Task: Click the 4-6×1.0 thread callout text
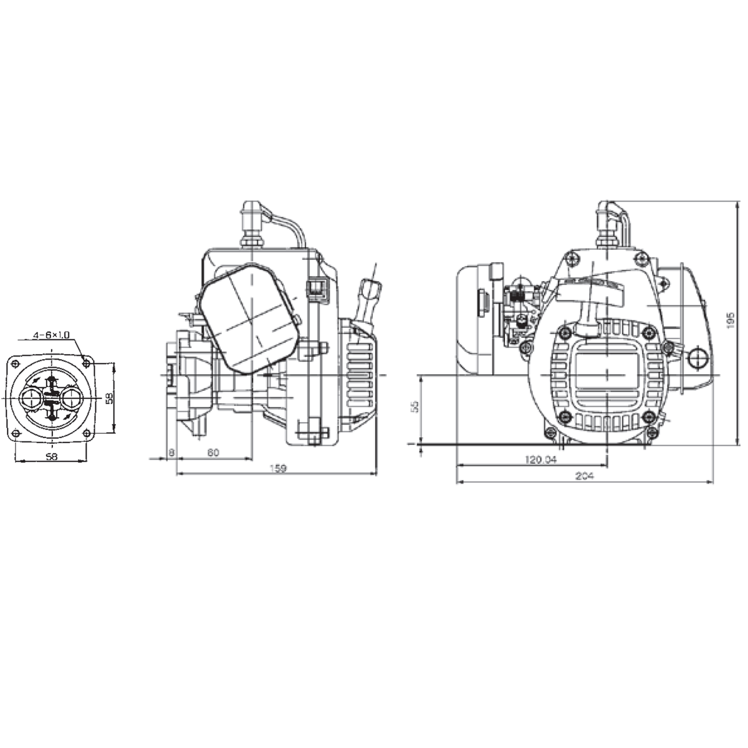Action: click(51, 335)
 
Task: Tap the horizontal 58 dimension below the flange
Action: click(52, 456)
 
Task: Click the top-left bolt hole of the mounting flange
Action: click(16, 363)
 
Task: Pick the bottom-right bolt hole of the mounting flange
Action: click(87, 433)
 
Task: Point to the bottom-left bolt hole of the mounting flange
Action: click(16, 433)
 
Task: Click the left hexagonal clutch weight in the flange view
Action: click(31, 398)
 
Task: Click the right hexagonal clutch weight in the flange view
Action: click(72, 398)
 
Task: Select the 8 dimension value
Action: click(171, 452)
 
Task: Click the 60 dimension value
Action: click(213, 452)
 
